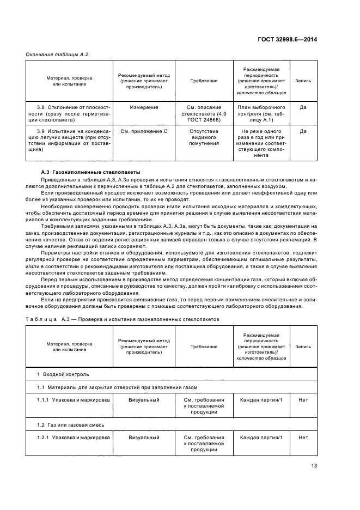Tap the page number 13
point(314,465)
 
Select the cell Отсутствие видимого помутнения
point(204,137)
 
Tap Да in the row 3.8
point(303,107)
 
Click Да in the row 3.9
point(303,131)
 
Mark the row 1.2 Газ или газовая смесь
point(70,424)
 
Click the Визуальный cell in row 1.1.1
point(144,400)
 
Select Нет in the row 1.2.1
point(303,438)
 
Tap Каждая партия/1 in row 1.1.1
point(261,400)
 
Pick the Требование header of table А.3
point(204,347)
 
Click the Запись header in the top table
point(303,81)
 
